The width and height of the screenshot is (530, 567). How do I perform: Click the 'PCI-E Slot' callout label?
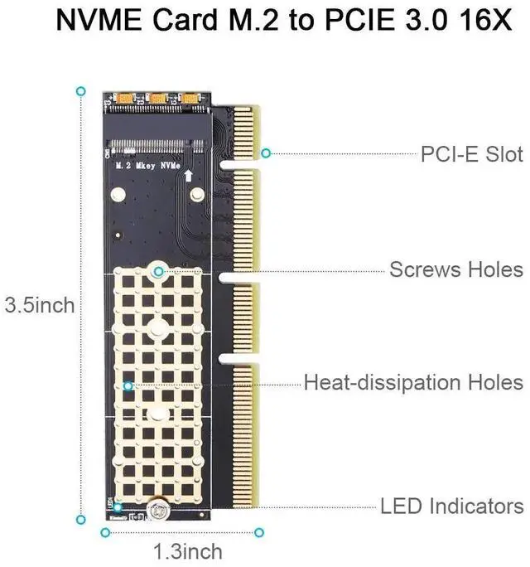[x=471, y=154]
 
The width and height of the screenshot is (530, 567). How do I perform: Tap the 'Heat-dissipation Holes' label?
[x=413, y=383]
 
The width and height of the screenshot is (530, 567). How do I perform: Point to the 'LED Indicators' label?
[x=451, y=506]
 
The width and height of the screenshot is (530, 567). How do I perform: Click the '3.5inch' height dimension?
[x=40, y=305]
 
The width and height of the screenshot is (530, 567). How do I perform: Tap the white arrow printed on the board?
[x=189, y=175]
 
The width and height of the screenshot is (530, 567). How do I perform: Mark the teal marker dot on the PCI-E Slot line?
[x=266, y=153]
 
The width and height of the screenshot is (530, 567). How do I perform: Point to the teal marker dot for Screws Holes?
[x=158, y=270]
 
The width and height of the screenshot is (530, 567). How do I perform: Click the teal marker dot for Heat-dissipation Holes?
[x=128, y=385]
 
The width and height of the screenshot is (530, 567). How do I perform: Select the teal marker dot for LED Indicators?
[x=118, y=506]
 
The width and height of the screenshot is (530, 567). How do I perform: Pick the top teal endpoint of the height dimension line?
[x=80, y=90]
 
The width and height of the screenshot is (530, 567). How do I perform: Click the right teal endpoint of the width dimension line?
[x=259, y=531]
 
